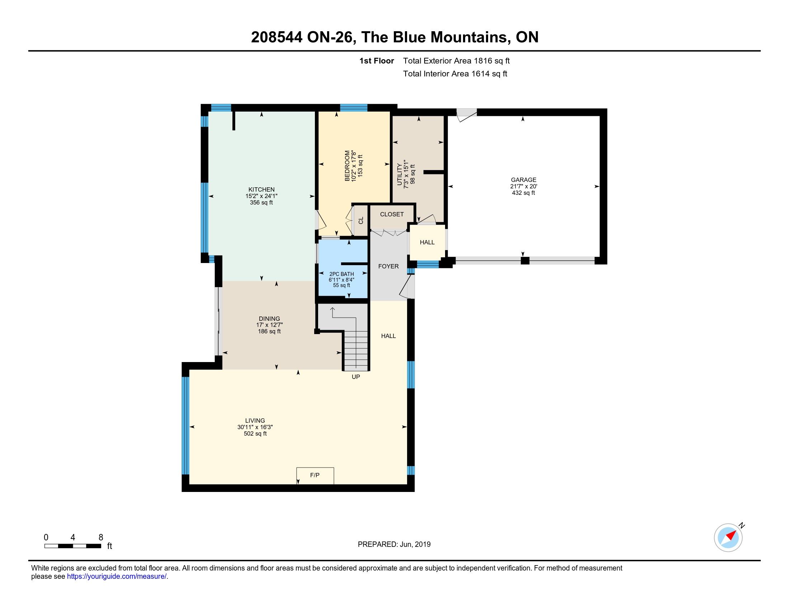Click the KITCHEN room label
261,189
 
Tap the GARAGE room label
524,180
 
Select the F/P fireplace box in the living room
315,475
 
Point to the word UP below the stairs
356,377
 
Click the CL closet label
361,220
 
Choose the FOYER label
388,266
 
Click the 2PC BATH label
341,274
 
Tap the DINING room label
269,318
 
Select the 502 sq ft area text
255,434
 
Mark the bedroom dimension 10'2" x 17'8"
354,165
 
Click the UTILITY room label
399,174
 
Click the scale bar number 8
101,537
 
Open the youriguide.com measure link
117,576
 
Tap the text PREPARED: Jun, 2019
394,544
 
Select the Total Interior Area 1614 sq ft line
455,74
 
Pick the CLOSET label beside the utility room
392,214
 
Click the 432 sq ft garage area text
524,193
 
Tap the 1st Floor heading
377,61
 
